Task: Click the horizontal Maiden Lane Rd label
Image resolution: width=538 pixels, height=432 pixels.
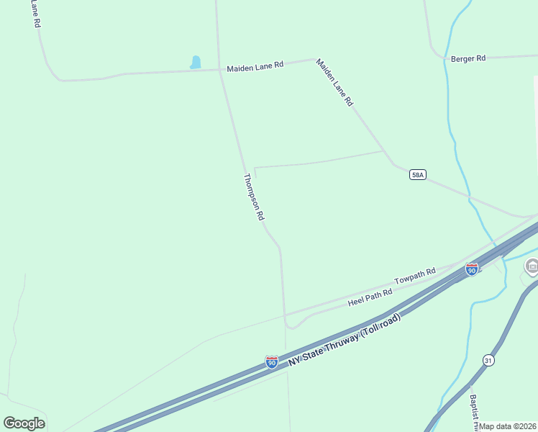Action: coord(255,66)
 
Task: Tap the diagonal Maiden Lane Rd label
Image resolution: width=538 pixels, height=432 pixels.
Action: coord(334,83)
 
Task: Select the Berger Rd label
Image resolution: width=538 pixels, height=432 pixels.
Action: coord(468,58)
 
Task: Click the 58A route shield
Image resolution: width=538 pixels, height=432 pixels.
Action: coord(418,174)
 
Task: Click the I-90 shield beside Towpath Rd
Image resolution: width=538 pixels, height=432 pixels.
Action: coord(472,269)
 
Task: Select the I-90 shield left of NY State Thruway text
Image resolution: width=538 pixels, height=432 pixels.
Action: coord(272,361)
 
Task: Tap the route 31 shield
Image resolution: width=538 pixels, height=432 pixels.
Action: coord(488,360)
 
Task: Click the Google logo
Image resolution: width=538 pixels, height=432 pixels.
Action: coord(24,423)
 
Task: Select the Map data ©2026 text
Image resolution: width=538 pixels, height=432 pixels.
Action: coord(508,426)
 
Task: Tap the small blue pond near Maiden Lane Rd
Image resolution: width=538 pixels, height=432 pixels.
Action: coord(195,63)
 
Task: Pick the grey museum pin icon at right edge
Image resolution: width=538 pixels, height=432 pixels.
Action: coord(532,267)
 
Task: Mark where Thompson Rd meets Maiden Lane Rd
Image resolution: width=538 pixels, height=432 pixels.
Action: coord(220,70)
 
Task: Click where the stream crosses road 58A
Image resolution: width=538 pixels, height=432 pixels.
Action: coord(469,196)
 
